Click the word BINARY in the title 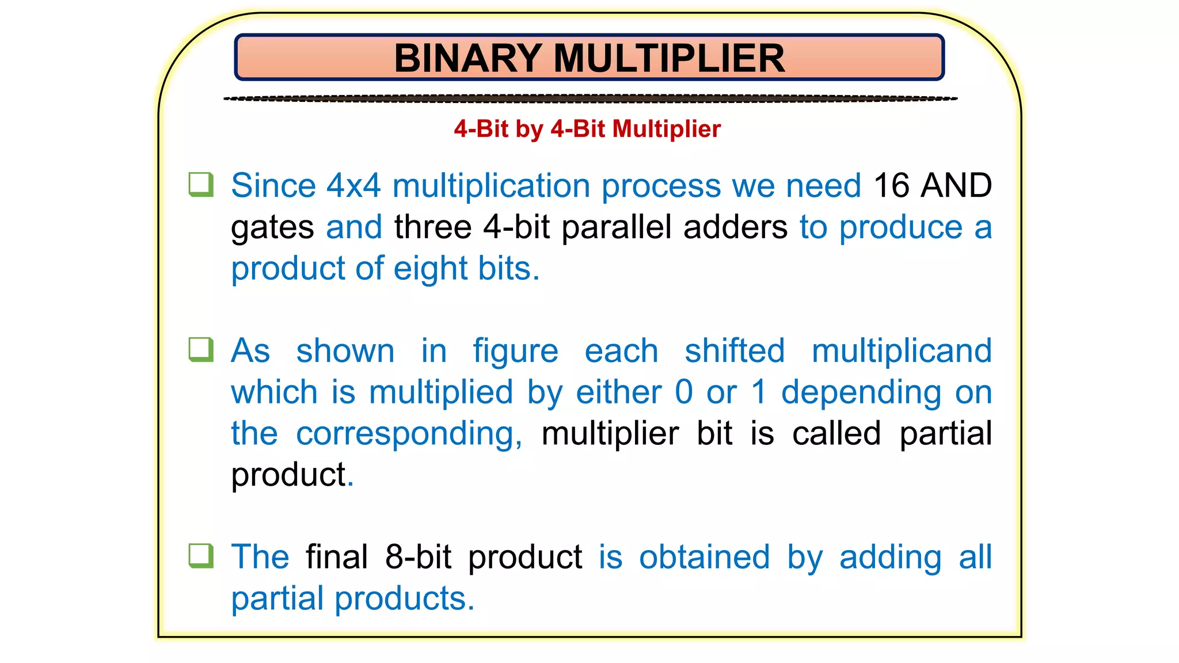(467, 58)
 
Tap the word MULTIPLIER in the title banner (669, 58)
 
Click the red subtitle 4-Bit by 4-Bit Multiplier (587, 129)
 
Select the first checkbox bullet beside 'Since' (201, 185)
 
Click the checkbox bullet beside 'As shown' (201, 350)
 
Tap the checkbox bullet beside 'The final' (201, 556)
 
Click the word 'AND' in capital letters (956, 186)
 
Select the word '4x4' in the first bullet (353, 186)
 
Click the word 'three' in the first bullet (433, 227)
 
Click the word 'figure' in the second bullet (515, 351)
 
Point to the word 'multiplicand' (902, 351)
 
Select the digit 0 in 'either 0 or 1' (684, 393)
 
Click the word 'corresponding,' (409, 434)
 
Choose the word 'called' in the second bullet (836, 434)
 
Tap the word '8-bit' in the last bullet (419, 557)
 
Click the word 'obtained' (704, 557)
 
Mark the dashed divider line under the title (590, 99)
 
